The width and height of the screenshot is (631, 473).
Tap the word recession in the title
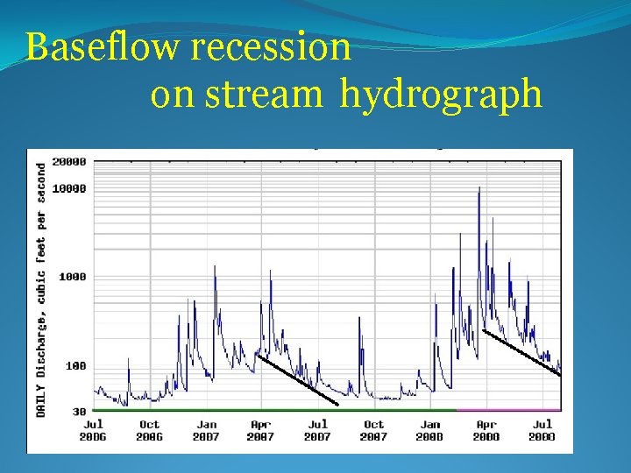271,47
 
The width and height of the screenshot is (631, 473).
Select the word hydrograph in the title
441,95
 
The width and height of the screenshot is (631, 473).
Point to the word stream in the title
264,95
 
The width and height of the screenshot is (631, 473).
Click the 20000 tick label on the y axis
69,162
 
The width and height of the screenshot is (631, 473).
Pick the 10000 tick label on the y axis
69,188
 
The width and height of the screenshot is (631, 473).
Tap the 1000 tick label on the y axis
72,277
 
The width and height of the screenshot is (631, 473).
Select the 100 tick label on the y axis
75,366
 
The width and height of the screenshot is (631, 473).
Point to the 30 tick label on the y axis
79,411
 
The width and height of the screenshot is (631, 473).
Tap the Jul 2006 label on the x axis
93,430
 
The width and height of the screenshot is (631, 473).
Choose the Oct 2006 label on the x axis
150,430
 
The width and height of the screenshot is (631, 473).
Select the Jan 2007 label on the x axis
205,430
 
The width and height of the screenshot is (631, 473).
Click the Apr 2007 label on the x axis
261,430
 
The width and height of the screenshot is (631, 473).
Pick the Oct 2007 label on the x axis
373,430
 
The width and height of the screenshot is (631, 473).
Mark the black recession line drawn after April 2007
297,379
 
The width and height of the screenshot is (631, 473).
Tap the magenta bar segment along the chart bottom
508,409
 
